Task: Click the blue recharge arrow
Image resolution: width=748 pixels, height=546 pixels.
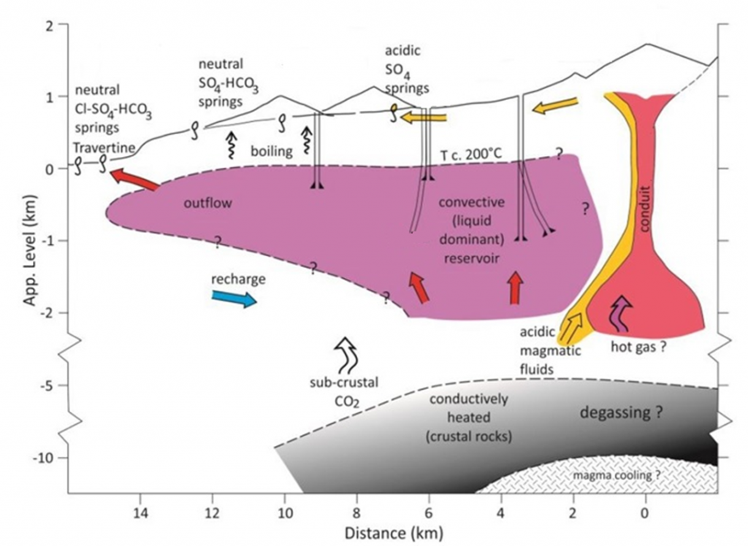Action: click(x=234, y=298)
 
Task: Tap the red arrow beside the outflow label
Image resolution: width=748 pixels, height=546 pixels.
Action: click(x=137, y=180)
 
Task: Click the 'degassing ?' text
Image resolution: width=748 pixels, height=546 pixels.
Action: click(x=621, y=412)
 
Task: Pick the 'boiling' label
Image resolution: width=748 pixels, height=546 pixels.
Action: click(x=272, y=152)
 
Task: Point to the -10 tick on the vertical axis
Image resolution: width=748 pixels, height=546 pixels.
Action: click(x=52, y=458)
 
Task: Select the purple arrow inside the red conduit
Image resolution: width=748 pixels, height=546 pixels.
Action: click(x=621, y=312)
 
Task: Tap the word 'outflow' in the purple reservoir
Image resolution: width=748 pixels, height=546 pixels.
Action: click(x=207, y=204)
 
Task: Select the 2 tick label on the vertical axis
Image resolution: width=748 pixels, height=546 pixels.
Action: click(x=52, y=26)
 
